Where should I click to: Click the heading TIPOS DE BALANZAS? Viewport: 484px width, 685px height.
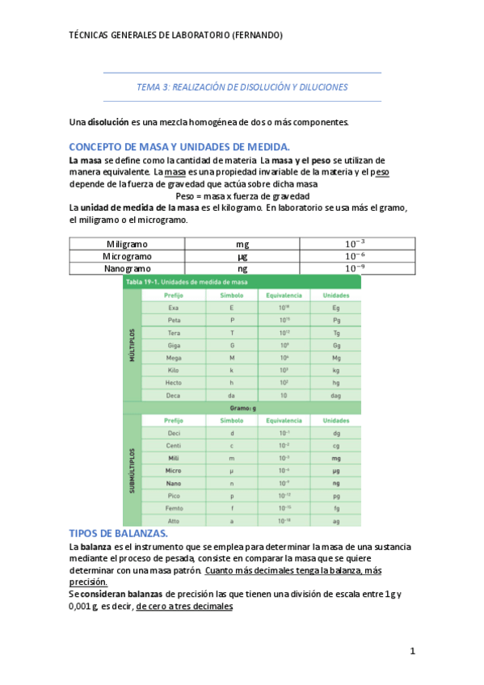(119, 534)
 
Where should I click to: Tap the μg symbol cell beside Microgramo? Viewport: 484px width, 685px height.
(242, 256)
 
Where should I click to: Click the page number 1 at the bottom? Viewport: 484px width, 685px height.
(412, 650)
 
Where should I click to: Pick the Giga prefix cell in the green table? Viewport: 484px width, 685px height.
(174, 345)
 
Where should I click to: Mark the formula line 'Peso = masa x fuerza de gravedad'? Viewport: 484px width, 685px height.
(242, 196)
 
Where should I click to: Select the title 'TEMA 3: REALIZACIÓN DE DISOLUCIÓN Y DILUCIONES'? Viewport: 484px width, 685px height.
(242, 86)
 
